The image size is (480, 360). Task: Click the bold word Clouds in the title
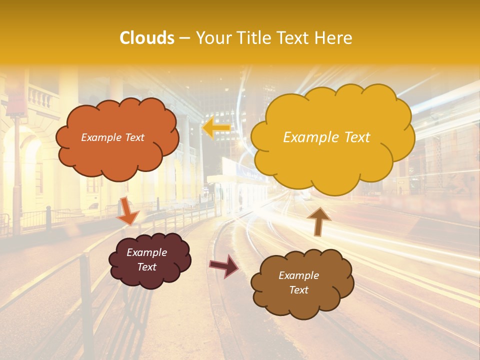point(147,38)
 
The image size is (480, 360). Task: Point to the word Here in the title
point(334,38)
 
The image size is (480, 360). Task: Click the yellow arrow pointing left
point(215,128)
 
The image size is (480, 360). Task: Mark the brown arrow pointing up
point(318,220)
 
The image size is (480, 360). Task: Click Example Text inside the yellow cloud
point(326,137)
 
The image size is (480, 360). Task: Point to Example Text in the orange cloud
point(112,137)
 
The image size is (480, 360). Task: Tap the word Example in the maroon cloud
point(146,252)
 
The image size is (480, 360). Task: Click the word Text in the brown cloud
point(298,290)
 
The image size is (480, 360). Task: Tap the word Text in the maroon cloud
point(146,267)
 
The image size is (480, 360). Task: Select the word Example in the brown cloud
point(298,275)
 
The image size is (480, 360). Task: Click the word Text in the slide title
point(296,38)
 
